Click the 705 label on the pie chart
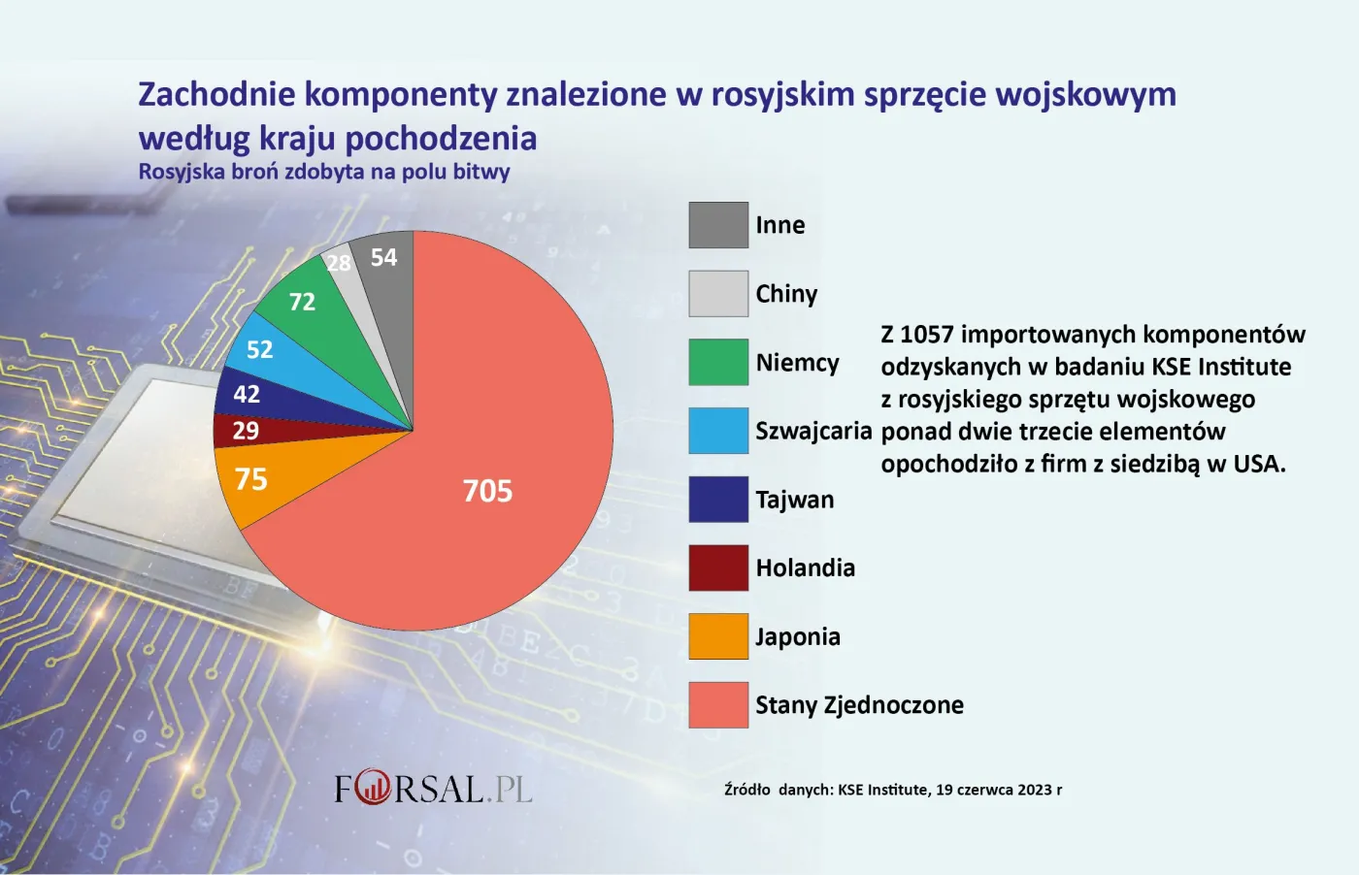[x=487, y=491]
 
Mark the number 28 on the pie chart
[x=339, y=263]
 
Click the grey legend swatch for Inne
[x=718, y=225]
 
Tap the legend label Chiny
[x=786, y=294]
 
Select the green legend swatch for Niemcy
[x=718, y=362]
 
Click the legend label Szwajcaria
[x=813, y=431]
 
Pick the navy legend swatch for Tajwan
[x=718, y=500]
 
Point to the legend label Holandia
[x=805, y=568]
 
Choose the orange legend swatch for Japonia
[x=718, y=636]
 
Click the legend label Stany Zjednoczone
[x=859, y=705]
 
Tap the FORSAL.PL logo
[x=433, y=788]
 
